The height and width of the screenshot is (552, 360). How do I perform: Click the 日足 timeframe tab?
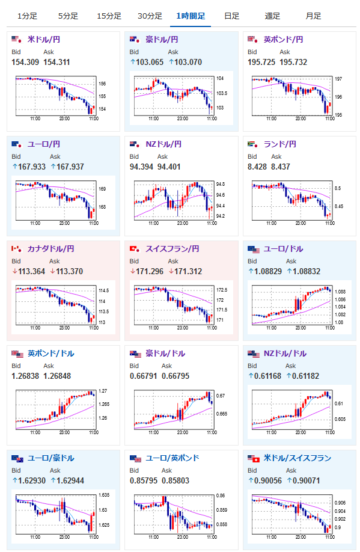[x=231, y=16]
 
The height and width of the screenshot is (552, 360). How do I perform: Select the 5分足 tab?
[x=68, y=16]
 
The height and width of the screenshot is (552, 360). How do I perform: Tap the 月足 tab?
[x=313, y=16]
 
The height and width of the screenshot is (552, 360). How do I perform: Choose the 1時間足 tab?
[x=191, y=16]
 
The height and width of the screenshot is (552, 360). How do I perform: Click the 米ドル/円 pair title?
[x=44, y=40]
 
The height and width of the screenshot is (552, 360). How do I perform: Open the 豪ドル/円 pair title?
[x=162, y=40]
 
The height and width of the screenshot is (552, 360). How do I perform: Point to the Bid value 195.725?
[x=261, y=63]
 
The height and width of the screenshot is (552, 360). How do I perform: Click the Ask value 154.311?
[x=56, y=63]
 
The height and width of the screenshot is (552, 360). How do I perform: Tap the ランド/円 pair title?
[x=279, y=144]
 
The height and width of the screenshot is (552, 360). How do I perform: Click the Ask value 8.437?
[x=281, y=167]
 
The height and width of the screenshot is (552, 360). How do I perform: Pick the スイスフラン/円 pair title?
[x=172, y=249]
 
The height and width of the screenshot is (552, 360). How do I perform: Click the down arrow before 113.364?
[x=15, y=271]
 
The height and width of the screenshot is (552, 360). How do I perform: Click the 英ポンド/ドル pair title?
[x=51, y=354]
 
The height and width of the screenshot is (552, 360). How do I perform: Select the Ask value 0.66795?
[x=175, y=376]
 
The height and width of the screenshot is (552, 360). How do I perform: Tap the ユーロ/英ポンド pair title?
[x=172, y=458]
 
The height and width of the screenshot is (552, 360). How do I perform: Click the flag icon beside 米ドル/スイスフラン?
[x=254, y=458]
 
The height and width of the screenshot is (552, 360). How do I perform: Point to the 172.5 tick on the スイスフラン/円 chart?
[x=222, y=290]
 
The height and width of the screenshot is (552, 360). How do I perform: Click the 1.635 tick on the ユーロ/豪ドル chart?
[x=104, y=495]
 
